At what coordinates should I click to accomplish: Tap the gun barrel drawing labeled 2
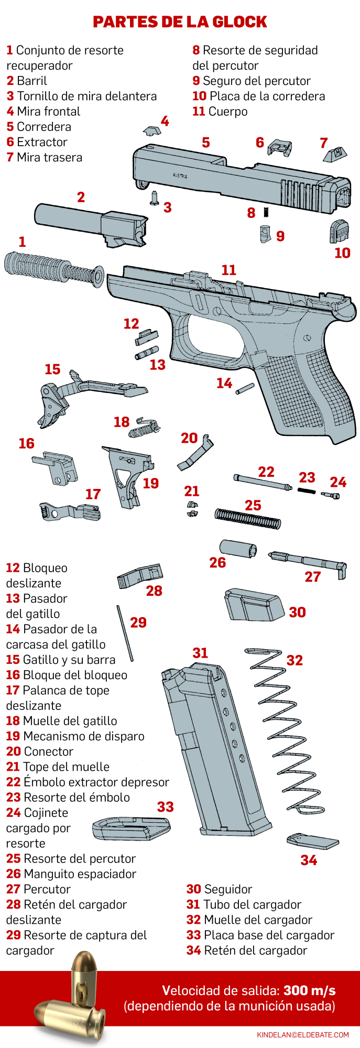click(89, 223)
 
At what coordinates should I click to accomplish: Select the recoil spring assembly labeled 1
click(52, 268)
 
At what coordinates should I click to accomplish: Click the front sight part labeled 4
click(152, 130)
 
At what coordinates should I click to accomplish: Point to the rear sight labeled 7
click(335, 155)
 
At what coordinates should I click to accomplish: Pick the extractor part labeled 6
click(279, 148)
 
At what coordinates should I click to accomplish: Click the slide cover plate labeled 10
click(339, 231)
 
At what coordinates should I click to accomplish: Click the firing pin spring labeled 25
click(247, 518)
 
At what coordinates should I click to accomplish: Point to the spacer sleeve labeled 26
click(238, 549)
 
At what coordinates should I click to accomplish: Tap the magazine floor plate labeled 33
click(131, 828)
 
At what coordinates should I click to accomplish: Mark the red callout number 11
click(228, 270)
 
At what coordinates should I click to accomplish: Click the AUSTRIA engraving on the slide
click(180, 177)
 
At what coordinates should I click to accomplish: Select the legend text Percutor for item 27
click(47, 889)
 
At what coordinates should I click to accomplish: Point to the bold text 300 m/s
click(309, 990)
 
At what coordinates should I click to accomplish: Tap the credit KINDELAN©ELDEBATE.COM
click(302, 1035)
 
